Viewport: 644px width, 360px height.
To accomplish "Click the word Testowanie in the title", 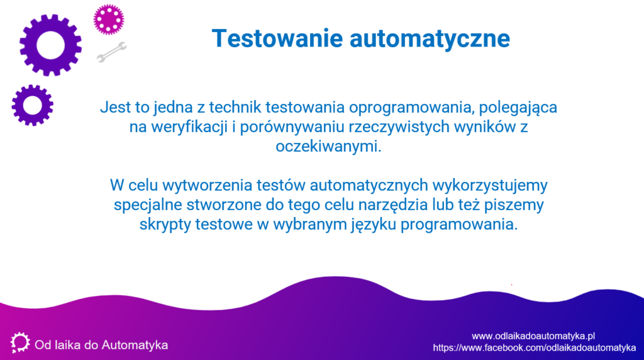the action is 277,38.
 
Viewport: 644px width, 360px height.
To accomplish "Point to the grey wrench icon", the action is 112,52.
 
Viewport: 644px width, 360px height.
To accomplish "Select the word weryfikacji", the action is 189,127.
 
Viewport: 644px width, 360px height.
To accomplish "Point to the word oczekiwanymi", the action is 328,146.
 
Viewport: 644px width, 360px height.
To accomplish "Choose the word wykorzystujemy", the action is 489,186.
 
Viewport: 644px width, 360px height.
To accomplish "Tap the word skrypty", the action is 165,225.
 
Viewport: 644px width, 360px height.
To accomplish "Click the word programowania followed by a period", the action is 459,225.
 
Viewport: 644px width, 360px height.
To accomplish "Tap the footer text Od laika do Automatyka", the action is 101,345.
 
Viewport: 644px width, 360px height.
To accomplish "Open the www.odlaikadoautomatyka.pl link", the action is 533,336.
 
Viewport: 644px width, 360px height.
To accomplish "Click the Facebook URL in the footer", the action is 535,347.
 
